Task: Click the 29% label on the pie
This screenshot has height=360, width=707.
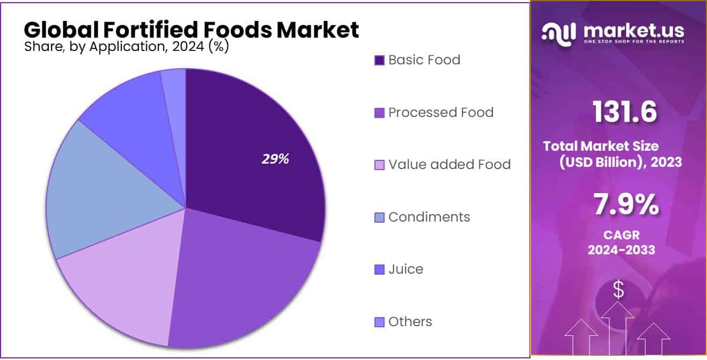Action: point(275,159)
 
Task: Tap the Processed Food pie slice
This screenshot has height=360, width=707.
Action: point(241,279)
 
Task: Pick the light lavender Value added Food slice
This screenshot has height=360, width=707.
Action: point(123,290)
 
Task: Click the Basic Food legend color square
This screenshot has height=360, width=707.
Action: point(379,60)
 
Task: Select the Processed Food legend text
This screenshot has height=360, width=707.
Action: point(440,112)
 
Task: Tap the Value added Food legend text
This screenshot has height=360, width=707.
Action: point(449,164)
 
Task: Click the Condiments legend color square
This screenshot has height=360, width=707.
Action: point(379,218)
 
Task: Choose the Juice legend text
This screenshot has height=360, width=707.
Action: point(406,269)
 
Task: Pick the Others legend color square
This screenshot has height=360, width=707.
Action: point(379,322)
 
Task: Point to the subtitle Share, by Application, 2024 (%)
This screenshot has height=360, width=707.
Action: point(127,47)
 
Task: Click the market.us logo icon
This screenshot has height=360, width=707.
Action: point(559,33)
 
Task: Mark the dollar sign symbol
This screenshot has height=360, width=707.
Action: point(618,290)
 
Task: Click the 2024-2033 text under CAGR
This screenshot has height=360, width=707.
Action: point(621,249)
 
